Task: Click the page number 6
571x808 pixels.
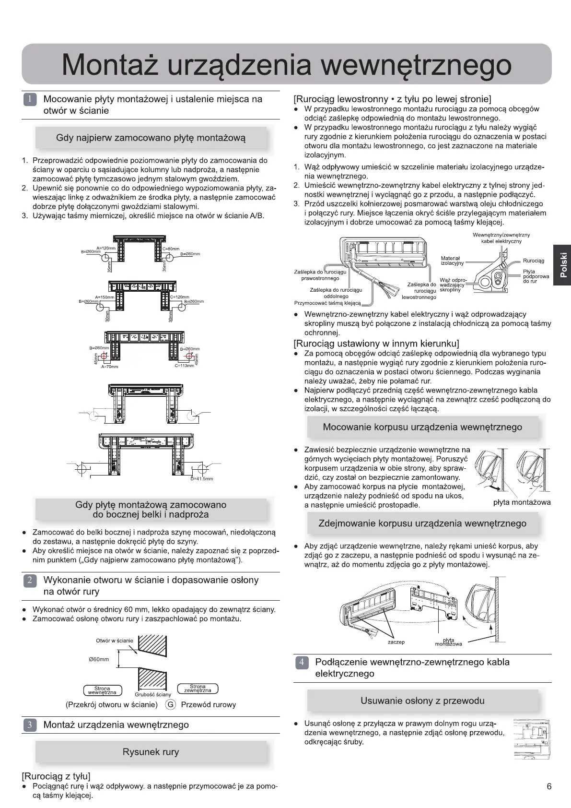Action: pyautogui.click(x=549, y=786)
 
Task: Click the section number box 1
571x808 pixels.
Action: pyautogui.click(x=30, y=100)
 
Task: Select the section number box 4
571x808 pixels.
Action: pyautogui.click(x=302, y=663)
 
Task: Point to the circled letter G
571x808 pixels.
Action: pyautogui.click(x=170, y=705)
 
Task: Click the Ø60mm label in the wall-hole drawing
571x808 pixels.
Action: pyautogui.click(x=99, y=659)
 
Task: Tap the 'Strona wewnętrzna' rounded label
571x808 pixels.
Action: pyautogui.click(x=102, y=690)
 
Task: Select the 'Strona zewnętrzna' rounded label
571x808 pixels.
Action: pyautogui.click(x=198, y=689)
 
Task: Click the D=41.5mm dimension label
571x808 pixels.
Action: pyautogui.click(x=202, y=478)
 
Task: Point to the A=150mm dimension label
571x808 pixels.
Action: pyautogui.click(x=105, y=297)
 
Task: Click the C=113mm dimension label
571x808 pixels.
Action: pyautogui.click(x=185, y=366)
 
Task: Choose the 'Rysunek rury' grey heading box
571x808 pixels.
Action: pyautogui.click(x=151, y=752)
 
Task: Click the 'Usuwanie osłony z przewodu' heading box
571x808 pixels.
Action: pyautogui.click(x=422, y=701)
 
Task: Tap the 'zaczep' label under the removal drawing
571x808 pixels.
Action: pyautogui.click(x=396, y=642)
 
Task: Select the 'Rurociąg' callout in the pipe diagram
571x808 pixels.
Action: pyautogui.click(x=533, y=261)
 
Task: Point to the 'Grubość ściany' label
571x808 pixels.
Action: pyautogui.click(x=152, y=694)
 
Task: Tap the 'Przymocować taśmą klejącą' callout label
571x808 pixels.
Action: pyautogui.click(x=327, y=303)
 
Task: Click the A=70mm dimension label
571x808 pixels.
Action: pyautogui.click(x=109, y=367)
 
